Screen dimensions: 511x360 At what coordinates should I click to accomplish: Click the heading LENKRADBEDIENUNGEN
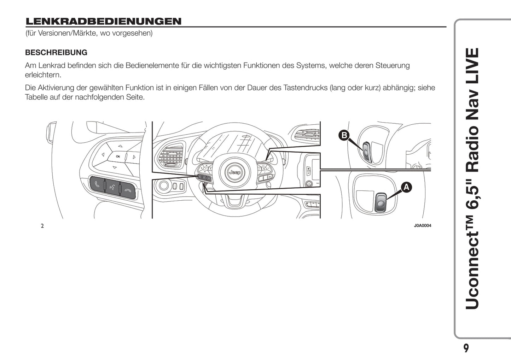[104, 22]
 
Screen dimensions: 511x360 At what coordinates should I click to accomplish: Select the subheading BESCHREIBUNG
[56, 52]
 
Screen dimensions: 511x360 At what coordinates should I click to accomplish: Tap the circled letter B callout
[344, 135]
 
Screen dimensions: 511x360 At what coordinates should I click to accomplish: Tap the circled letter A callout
[406, 187]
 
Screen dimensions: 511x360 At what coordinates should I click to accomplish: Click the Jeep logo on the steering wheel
[235, 172]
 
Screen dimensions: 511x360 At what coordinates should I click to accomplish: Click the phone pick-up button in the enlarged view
[97, 184]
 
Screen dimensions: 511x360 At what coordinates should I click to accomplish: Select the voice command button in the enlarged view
[112, 188]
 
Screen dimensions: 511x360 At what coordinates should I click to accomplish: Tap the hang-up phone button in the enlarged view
[128, 191]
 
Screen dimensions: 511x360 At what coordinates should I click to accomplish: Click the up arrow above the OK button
[120, 146]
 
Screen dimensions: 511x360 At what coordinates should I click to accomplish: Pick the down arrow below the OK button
[115, 167]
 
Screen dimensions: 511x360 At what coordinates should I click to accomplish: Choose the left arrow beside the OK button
[103, 154]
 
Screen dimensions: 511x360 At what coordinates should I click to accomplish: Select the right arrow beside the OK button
[134, 157]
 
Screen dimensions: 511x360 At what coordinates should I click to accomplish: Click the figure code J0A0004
[423, 225]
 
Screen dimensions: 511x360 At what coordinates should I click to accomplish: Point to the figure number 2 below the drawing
[42, 226]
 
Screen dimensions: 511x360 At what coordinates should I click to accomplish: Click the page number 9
[466, 348]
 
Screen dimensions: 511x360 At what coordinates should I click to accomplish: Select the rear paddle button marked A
[381, 202]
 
